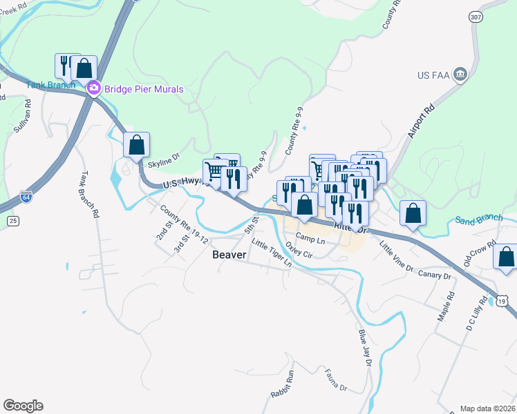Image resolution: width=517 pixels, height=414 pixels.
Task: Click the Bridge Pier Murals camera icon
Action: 93,89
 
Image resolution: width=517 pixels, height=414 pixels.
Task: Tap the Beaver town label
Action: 229,255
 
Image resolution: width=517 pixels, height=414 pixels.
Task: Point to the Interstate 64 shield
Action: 26,197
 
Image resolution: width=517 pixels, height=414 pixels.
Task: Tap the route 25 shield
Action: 12,220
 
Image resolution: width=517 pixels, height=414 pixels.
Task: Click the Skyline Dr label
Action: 164,160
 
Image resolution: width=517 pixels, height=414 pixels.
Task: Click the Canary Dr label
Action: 435,275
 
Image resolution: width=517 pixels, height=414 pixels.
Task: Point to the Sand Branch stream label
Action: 478,219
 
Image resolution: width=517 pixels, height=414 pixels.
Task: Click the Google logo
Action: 23,406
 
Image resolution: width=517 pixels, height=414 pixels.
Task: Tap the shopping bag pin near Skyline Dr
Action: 137,145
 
